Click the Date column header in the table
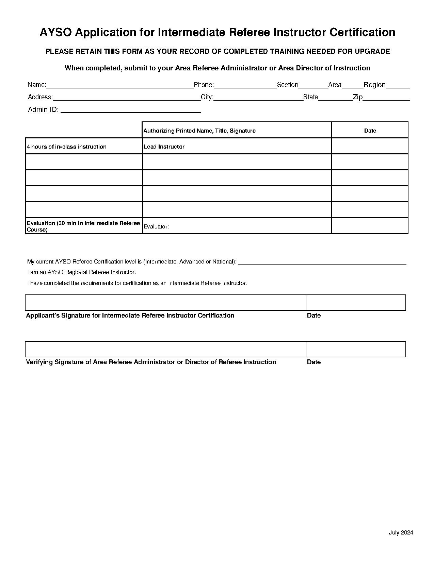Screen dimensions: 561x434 pyautogui.click(x=370, y=131)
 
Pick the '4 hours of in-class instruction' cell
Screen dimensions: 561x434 pyautogui.click(x=67, y=147)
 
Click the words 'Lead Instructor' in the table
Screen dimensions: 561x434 pyautogui.click(x=164, y=147)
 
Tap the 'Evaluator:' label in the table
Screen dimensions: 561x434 pyautogui.click(x=156, y=226)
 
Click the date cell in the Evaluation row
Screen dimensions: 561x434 pyautogui.click(x=370, y=226)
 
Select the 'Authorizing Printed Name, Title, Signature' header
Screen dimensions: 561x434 pyautogui.click(x=199, y=131)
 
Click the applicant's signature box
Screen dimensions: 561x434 pyautogui.click(x=165, y=303)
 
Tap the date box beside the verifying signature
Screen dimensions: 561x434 pyautogui.click(x=356, y=349)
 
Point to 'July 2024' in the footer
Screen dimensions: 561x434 pyautogui.click(x=401, y=532)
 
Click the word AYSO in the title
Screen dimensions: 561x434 pyautogui.click(x=56, y=33)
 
